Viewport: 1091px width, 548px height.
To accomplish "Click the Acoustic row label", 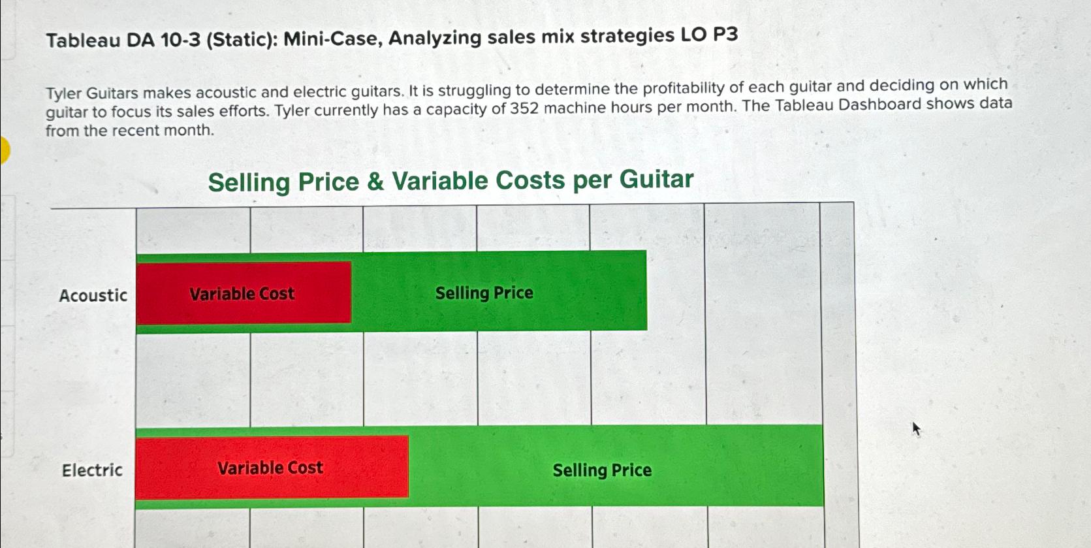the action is point(93,295).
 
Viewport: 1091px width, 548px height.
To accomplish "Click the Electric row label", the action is point(92,470).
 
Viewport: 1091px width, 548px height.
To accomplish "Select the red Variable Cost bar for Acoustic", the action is point(244,293).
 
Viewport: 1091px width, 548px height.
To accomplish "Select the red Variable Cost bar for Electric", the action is point(272,468).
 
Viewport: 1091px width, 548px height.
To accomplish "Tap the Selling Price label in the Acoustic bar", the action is point(484,293).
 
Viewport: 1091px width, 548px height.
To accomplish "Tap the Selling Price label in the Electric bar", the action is point(602,470).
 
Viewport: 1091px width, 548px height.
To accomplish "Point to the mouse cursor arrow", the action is point(916,429).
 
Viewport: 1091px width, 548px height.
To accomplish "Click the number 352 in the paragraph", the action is point(524,108).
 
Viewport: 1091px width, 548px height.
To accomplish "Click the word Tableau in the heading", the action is point(84,40).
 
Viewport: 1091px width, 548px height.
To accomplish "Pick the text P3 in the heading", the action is point(725,35).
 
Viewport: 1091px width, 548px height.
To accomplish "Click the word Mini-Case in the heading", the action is point(333,38).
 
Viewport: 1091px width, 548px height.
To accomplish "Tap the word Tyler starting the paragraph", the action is point(63,93).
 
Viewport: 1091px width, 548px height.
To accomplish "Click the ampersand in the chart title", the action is point(375,181).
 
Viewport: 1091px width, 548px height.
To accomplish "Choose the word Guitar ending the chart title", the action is point(657,179).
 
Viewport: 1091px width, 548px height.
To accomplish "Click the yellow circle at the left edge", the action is point(4,150).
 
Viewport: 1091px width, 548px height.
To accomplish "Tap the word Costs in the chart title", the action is point(530,180).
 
